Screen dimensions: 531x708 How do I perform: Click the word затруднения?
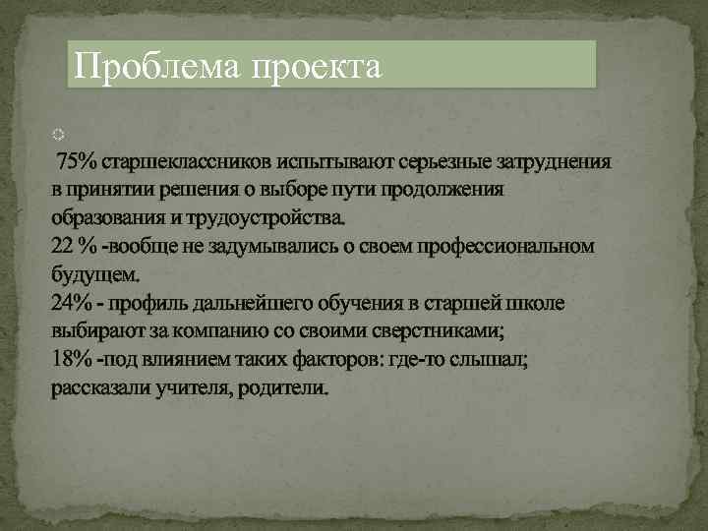[553, 161]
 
